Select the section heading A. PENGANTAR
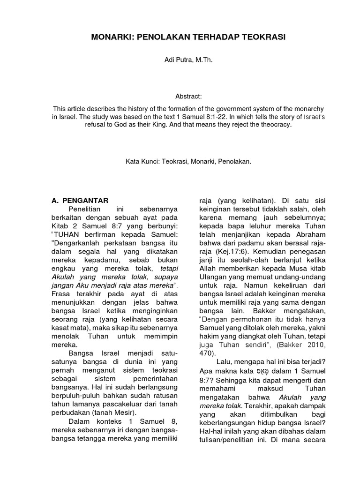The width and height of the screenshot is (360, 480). pos(80,201)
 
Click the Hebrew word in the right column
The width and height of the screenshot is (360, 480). pos(260,370)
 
